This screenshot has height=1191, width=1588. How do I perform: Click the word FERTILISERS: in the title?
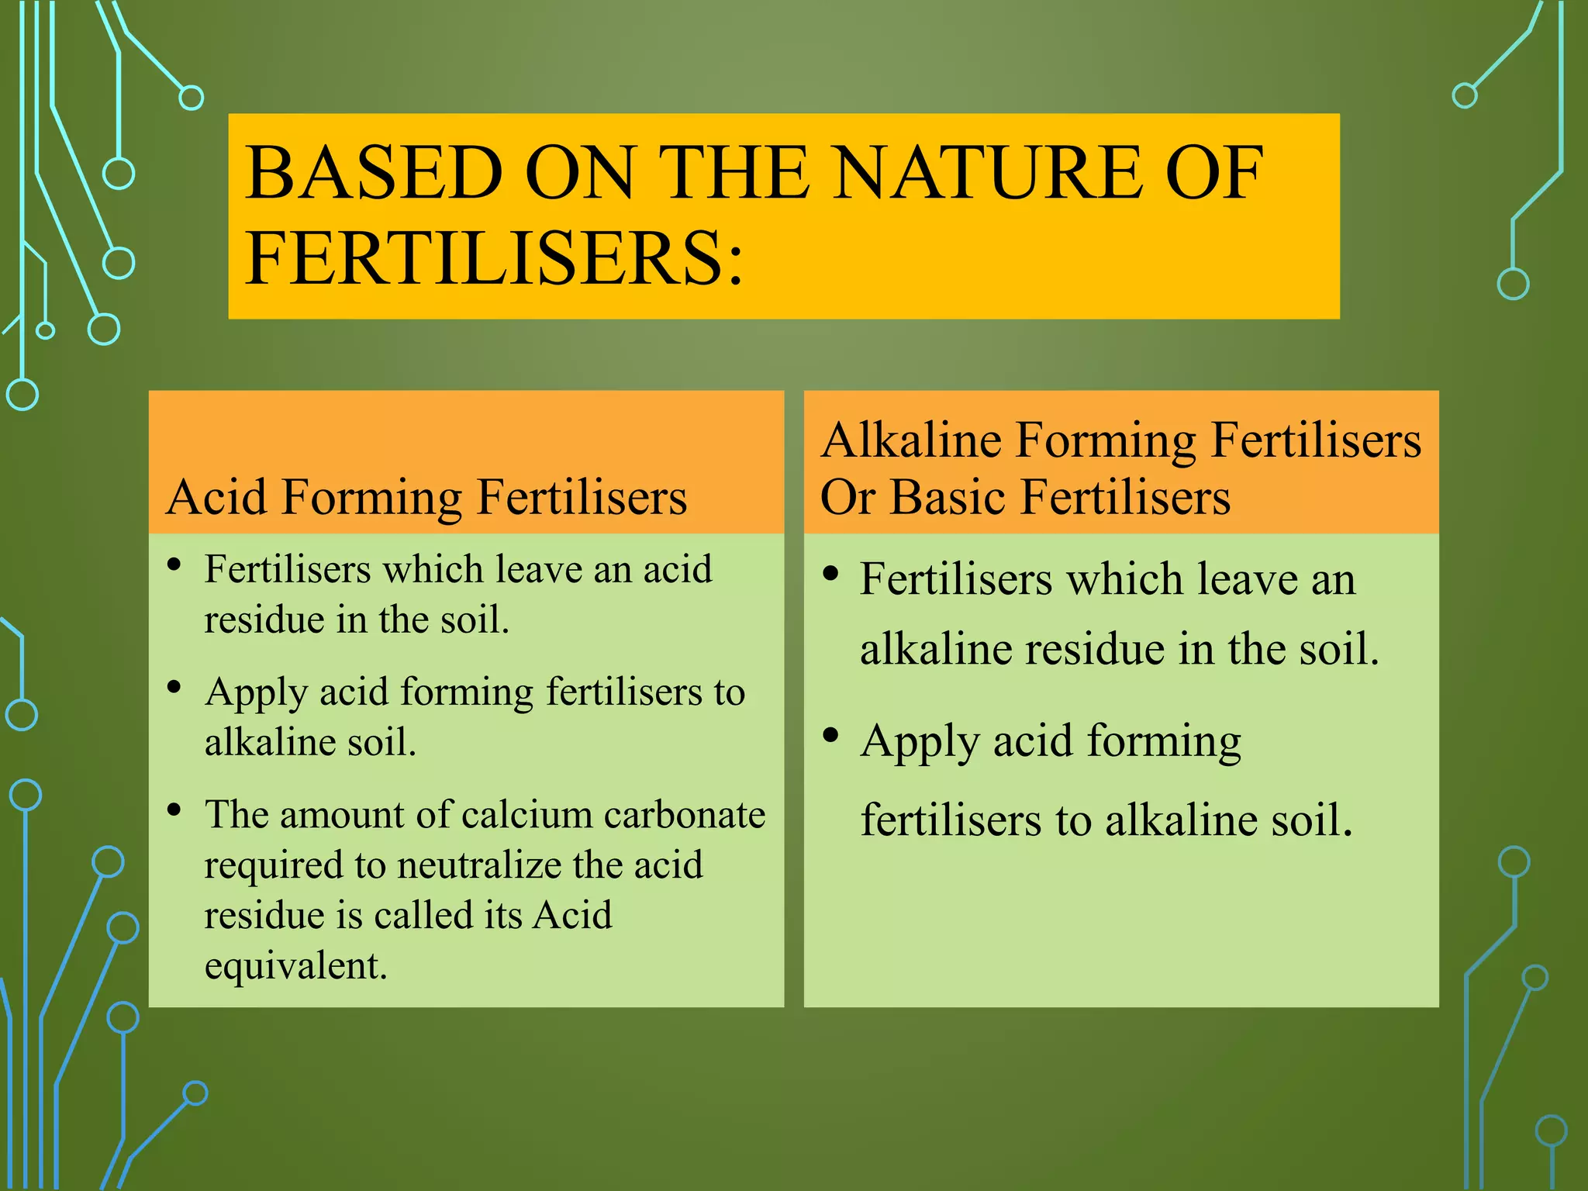(x=494, y=258)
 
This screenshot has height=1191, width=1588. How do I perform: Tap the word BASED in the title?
(x=375, y=174)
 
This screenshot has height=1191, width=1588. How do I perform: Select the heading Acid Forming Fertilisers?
(x=426, y=497)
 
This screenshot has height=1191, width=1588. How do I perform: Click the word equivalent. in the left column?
(x=295, y=966)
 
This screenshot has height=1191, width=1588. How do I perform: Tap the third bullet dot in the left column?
(x=174, y=810)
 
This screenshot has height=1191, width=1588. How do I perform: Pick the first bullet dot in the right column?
(x=831, y=575)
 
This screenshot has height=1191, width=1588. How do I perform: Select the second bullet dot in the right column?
(x=831, y=735)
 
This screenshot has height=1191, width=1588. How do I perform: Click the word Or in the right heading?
(x=848, y=497)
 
